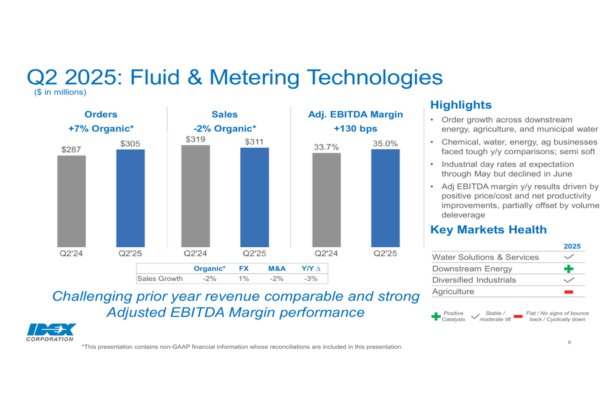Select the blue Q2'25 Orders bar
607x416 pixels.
[131, 198]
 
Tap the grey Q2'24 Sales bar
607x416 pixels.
[195, 196]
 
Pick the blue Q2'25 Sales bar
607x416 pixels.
[254, 197]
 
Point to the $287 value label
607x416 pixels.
[71, 149]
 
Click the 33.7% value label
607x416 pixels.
[326, 147]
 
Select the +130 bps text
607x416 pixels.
[355, 129]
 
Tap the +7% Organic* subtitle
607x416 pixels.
[101, 129]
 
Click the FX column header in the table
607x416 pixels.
[243, 268]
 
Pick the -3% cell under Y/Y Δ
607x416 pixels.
[310, 279]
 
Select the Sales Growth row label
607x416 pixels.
[160, 279]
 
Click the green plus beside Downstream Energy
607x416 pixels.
[569, 268]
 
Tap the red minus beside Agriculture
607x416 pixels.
[569, 292]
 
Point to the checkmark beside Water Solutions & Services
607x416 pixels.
[569, 257]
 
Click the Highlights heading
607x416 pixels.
[460, 105]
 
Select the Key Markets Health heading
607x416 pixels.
[488, 230]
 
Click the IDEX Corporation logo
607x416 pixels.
[51, 332]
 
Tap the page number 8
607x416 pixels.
[569, 343]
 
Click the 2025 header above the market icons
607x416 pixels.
[572, 246]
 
